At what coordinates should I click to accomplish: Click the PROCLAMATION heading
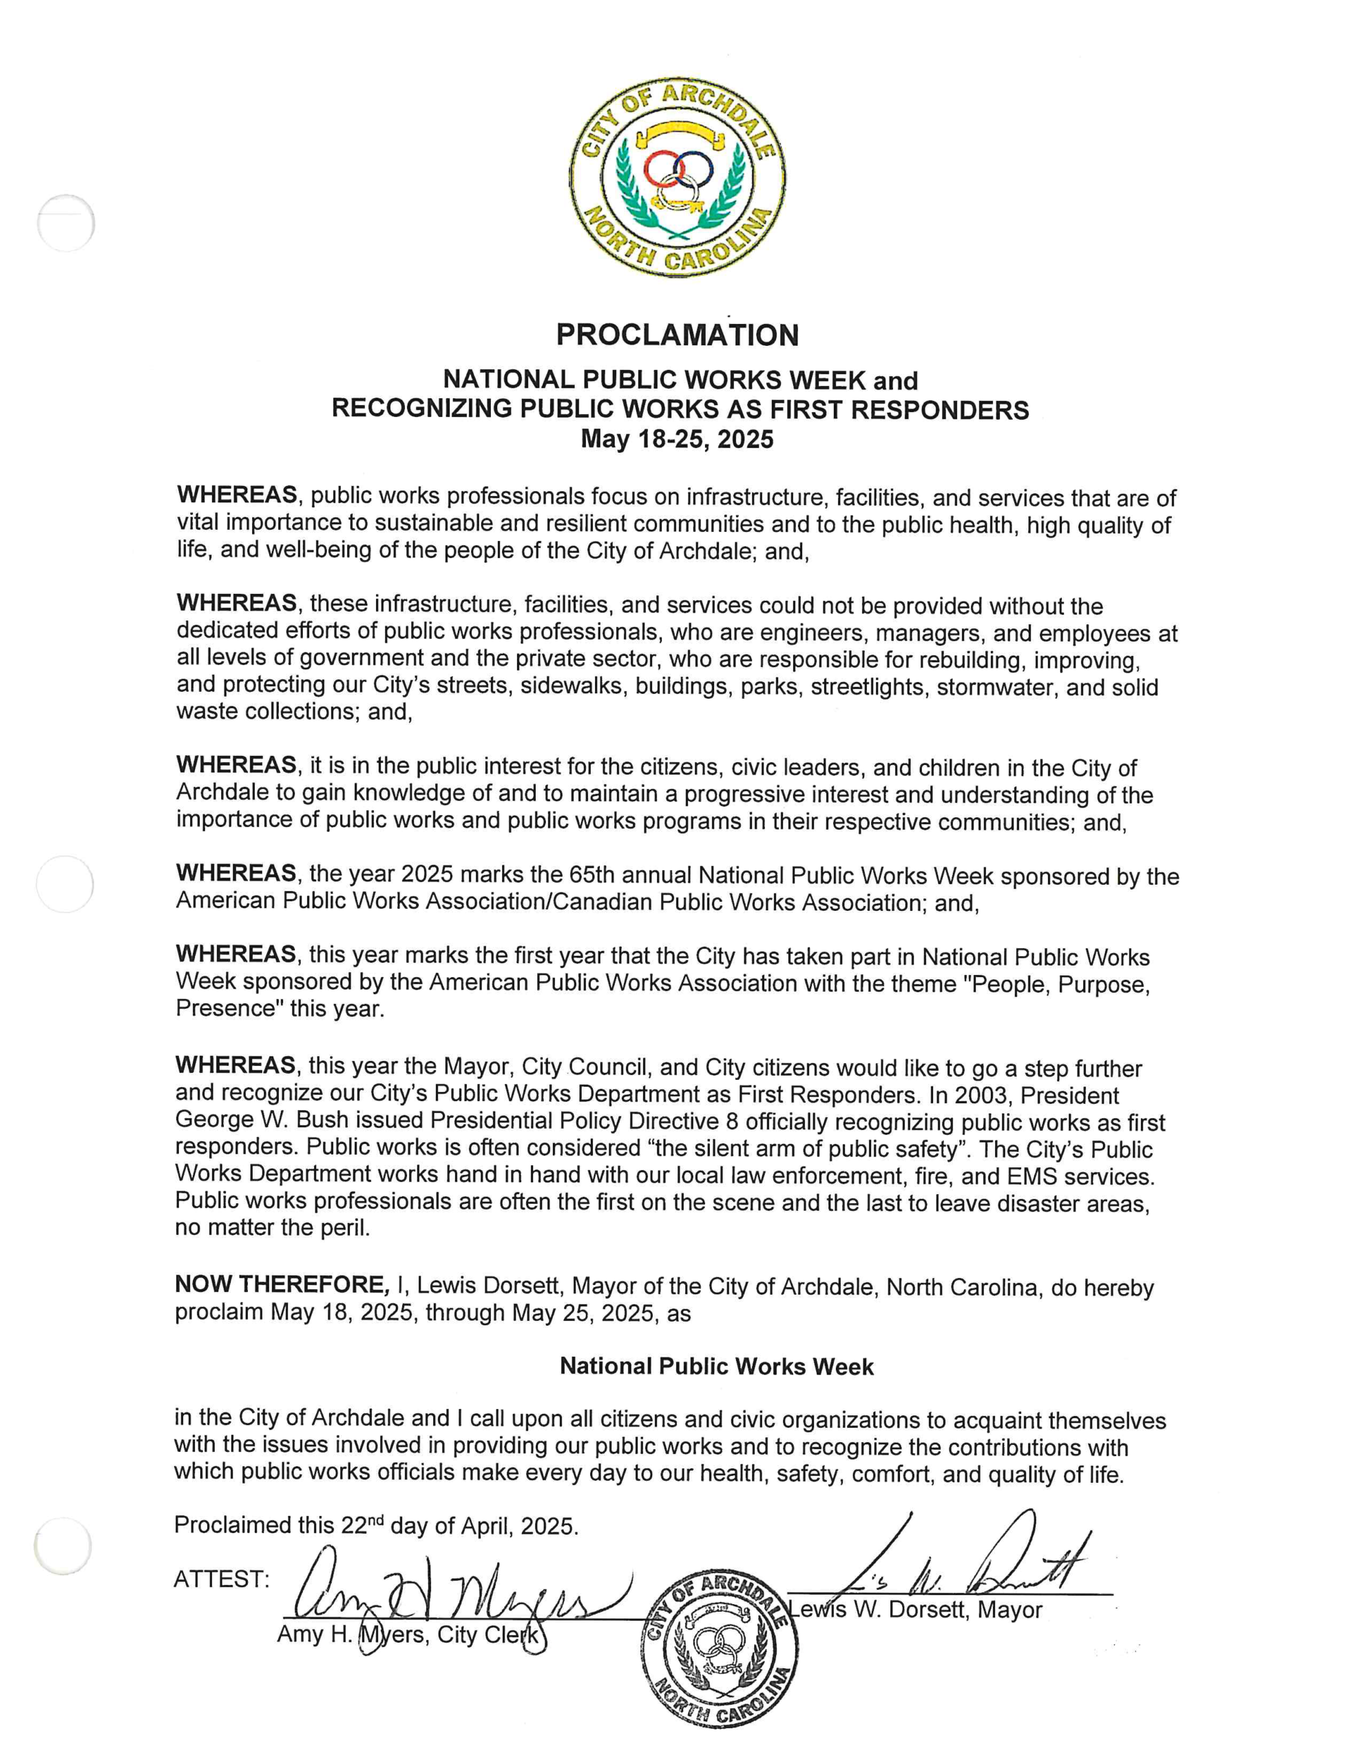coord(677,334)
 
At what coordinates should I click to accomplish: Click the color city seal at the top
coord(677,178)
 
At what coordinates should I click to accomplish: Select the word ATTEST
coord(220,1579)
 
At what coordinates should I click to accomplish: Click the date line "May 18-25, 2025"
coord(677,440)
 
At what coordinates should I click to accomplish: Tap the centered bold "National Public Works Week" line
coord(716,1366)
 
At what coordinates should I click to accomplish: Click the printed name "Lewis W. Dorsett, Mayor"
coord(917,1610)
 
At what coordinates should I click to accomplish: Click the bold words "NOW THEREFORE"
coord(280,1285)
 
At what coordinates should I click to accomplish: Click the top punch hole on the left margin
coord(65,222)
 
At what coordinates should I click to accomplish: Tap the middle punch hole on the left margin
coord(65,883)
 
